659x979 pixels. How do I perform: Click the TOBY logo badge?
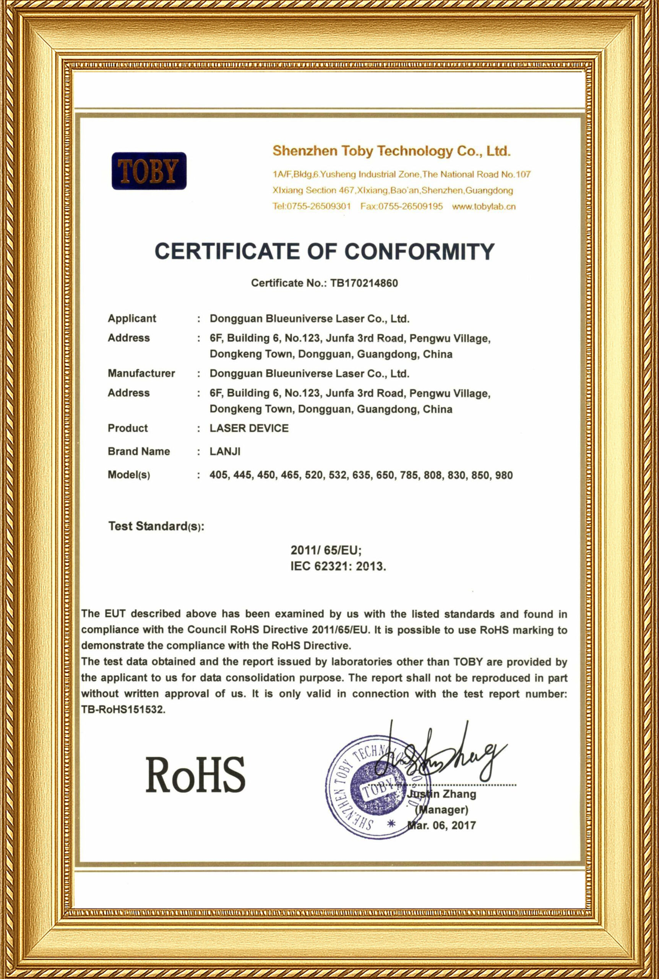click(149, 171)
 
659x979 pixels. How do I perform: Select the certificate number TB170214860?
click(364, 283)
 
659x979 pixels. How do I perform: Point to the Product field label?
click(128, 428)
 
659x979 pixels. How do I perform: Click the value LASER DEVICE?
click(249, 428)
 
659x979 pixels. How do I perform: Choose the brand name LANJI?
click(225, 452)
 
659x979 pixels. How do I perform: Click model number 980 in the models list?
click(503, 475)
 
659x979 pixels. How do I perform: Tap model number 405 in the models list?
click(219, 475)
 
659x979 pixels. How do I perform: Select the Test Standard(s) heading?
click(156, 526)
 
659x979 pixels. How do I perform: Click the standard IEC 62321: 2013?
click(338, 566)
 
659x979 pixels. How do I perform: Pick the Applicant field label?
click(131, 318)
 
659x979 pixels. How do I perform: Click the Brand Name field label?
click(139, 452)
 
